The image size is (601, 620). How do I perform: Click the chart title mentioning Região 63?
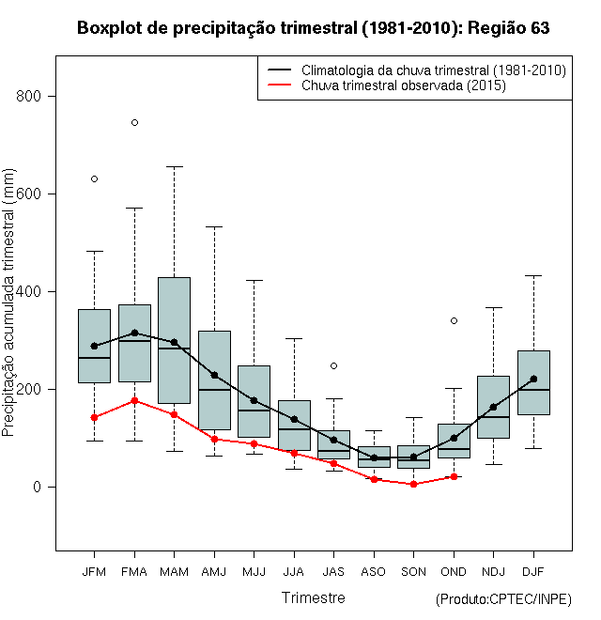[x=313, y=28]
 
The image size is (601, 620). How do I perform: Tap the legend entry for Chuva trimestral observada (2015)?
[x=404, y=85]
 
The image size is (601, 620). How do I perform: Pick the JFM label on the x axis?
[x=94, y=571]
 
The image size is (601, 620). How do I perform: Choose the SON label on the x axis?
[x=413, y=571]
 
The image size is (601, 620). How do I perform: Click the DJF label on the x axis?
[x=533, y=571]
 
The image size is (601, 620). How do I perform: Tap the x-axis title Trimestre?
[x=313, y=597]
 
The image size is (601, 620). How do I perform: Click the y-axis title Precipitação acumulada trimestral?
[x=10, y=310]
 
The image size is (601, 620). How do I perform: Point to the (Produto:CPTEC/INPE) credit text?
[x=503, y=599]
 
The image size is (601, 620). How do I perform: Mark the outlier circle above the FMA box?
[x=134, y=122]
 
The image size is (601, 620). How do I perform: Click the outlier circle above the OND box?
[x=454, y=320]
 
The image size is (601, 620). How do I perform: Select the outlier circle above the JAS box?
[x=333, y=365]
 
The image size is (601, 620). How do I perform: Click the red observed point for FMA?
[x=134, y=401]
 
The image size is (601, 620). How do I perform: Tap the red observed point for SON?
[x=413, y=484]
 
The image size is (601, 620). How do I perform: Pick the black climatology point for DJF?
[x=533, y=380]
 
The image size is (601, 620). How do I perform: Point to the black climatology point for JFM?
[x=94, y=346]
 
